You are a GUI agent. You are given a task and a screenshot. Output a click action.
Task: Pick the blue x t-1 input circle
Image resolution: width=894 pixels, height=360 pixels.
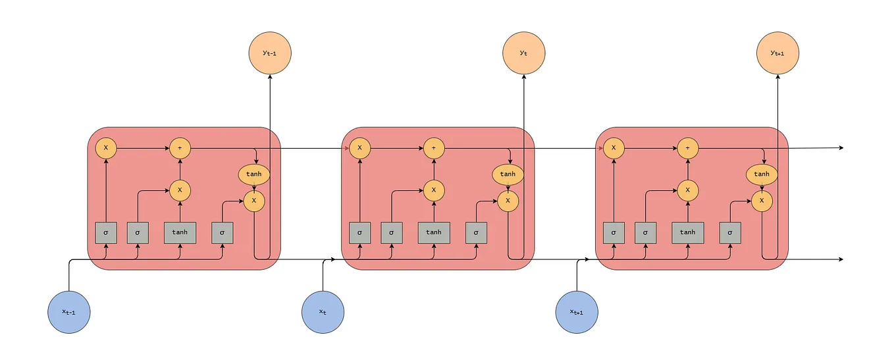click(x=68, y=311)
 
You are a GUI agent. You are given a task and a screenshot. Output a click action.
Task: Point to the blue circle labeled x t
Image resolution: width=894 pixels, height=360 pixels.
click(x=323, y=311)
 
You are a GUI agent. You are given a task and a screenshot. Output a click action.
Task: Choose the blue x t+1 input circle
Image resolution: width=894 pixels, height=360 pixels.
click(x=577, y=311)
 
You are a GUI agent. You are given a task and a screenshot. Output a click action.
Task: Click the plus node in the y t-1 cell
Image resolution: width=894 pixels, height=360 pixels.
click(x=180, y=148)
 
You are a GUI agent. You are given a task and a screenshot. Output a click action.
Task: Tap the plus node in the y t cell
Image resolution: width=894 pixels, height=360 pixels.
click(x=434, y=148)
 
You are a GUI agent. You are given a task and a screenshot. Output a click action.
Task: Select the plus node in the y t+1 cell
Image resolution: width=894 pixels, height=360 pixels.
click(x=688, y=148)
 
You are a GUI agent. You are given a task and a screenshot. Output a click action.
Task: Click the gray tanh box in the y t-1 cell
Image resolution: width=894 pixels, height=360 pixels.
click(x=180, y=232)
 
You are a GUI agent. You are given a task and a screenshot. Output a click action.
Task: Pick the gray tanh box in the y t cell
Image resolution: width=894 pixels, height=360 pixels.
click(x=434, y=232)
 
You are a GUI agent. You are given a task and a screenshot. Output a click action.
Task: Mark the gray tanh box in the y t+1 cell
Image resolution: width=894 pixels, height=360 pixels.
click(x=688, y=232)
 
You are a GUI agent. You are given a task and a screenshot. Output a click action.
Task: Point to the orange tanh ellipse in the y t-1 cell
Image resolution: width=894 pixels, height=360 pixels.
click(x=254, y=174)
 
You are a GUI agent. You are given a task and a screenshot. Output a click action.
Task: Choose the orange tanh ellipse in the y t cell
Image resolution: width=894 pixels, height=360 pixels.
click(x=508, y=174)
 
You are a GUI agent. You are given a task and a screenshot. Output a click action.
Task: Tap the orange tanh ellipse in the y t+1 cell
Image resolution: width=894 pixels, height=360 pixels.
click(x=762, y=174)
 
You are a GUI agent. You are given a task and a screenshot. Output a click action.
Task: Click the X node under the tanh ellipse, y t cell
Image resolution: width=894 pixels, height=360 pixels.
click(x=508, y=200)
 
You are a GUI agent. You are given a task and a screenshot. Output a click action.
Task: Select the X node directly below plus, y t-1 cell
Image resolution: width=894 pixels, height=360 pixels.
click(x=180, y=190)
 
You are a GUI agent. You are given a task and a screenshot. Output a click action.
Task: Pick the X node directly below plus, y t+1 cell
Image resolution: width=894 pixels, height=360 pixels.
click(x=688, y=190)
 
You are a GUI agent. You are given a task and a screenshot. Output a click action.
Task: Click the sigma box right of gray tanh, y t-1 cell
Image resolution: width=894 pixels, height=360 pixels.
click(x=223, y=232)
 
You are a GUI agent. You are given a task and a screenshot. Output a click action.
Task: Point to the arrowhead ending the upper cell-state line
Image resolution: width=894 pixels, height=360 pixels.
click(x=841, y=148)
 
